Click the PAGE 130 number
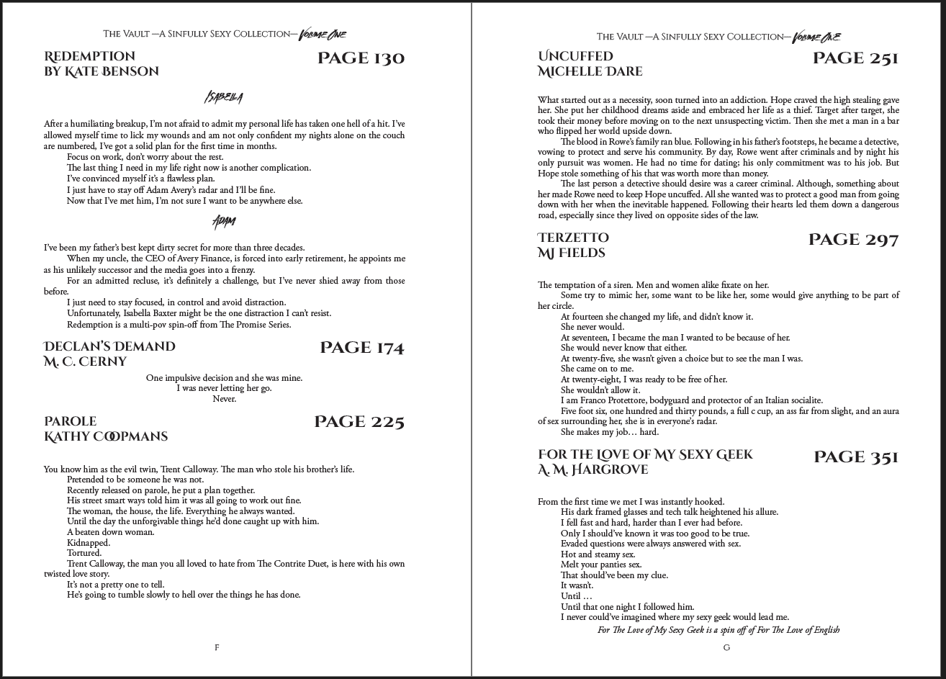361,58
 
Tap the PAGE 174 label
361,349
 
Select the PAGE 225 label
359,422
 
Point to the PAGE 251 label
855,58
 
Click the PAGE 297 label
853,240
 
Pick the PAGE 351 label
855,457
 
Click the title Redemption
89,56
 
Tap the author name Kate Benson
102,71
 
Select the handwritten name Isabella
223,97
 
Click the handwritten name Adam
224,220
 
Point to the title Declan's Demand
109,346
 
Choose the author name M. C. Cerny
85,361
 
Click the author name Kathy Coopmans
106,436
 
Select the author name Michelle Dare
590,71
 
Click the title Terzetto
573,238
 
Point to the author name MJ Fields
571,253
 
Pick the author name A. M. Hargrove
593,469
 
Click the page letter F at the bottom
217,647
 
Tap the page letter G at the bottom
726,647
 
